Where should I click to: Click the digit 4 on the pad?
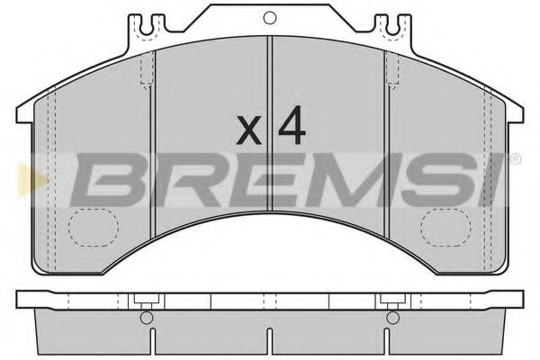pyautogui.click(x=291, y=128)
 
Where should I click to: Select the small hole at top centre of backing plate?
pyautogui.click(x=270, y=15)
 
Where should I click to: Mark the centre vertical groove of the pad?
pyautogui.click(x=270, y=135)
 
